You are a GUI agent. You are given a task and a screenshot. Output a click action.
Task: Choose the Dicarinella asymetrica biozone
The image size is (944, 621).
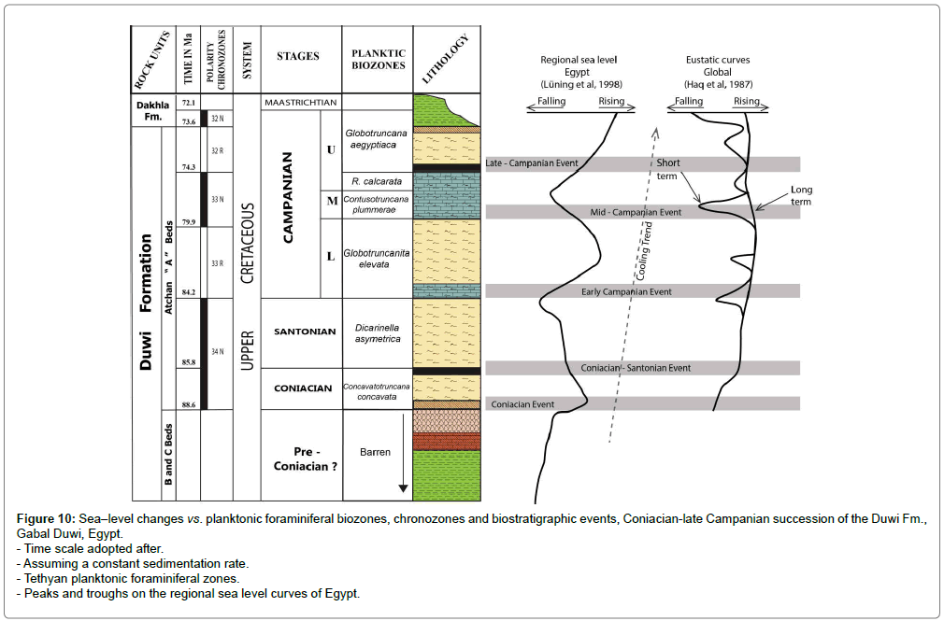point(377,332)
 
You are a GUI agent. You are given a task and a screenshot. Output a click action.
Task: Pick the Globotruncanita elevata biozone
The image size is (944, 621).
point(377,258)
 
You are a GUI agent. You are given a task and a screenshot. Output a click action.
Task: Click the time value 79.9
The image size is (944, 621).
point(188,221)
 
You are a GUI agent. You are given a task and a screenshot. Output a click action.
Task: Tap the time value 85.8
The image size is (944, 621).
point(188,361)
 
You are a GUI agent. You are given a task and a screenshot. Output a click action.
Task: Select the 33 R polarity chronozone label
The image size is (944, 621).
point(216,263)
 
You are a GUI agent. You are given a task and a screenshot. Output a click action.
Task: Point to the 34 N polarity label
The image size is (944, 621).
point(216,351)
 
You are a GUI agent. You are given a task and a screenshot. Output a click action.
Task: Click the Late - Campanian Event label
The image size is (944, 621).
point(533,163)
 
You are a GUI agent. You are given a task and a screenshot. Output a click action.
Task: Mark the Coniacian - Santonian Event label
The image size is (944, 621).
point(636,368)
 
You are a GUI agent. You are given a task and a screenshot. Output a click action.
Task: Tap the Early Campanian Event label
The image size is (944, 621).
point(626,291)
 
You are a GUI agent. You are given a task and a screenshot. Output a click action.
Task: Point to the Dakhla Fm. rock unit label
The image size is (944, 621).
point(150,109)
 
